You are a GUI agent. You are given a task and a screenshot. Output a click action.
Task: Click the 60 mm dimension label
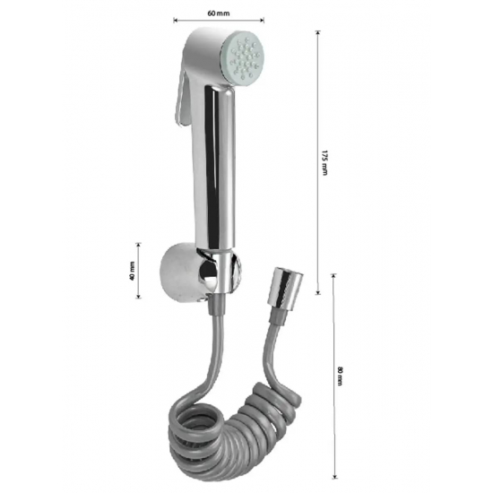(219, 13)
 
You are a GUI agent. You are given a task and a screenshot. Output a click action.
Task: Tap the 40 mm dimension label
(132, 271)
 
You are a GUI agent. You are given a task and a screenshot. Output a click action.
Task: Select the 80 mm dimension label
(340, 376)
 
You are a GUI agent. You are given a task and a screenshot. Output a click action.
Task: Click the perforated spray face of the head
(245, 58)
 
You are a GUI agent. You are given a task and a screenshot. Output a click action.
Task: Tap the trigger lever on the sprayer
(181, 98)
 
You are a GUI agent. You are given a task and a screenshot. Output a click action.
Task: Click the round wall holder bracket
(182, 272)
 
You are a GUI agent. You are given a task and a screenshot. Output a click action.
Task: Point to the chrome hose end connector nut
(285, 287)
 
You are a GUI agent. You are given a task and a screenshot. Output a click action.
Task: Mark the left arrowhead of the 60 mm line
(175, 21)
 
